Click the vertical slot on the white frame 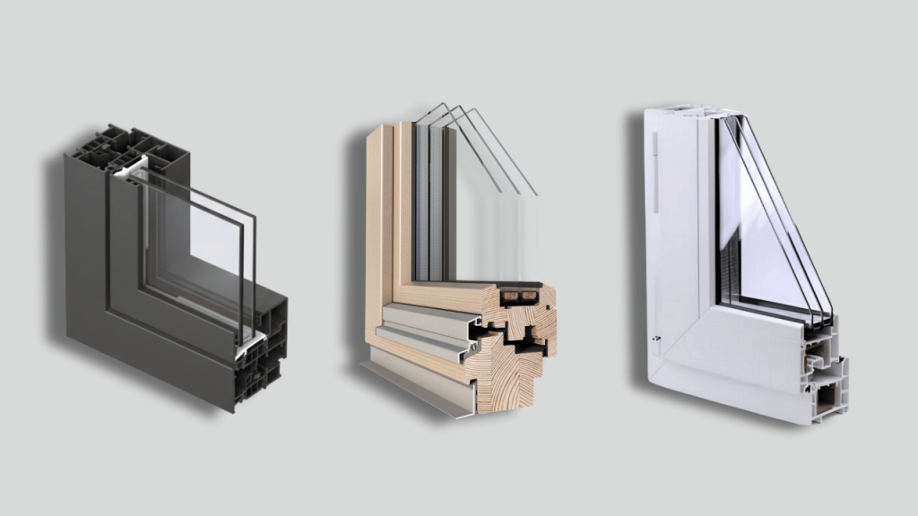pyautogui.click(x=656, y=170)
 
